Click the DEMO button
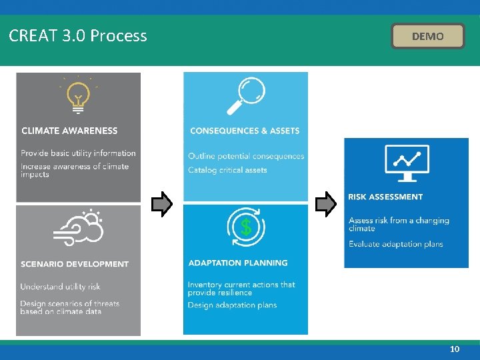click(x=427, y=36)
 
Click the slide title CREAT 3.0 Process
click(x=78, y=36)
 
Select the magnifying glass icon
click(x=245, y=96)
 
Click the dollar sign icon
click(x=246, y=228)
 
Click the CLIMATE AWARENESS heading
click(x=69, y=131)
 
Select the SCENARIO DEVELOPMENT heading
click(x=75, y=264)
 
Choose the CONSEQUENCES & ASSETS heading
click(x=245, y=131)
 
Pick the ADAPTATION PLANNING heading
click(x=238, y=263)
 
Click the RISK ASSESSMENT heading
click(x=385, y=197)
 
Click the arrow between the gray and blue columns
click(x=162, y=205)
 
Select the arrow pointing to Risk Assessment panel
click(x=326, y=205)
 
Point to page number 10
click(x=455, y=349)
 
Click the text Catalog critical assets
click(x=227, y=170)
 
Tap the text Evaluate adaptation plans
click(x=396, y=244)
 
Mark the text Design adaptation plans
click(x=232, y=305)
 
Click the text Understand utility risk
click(x=60, y=287)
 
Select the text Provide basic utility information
click(x=78, y=153)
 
